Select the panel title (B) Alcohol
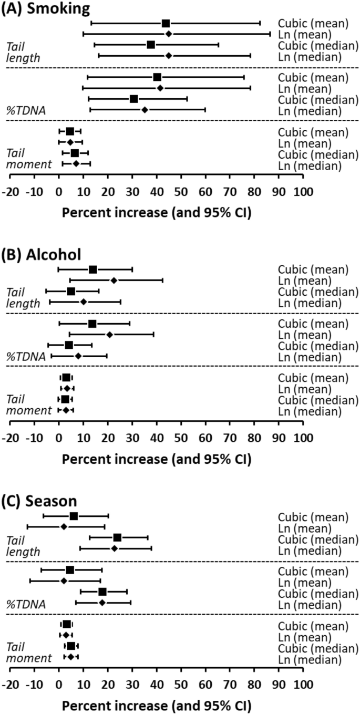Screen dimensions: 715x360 coord(41,255)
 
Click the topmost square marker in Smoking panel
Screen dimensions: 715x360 coord(166,23)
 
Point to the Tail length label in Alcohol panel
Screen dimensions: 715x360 coord(23,297)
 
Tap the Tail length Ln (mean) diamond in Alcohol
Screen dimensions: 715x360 coord(114,281)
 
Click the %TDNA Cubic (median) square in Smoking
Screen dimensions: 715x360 coord(133,99)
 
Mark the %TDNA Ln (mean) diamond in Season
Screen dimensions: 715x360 coord(64,581)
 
